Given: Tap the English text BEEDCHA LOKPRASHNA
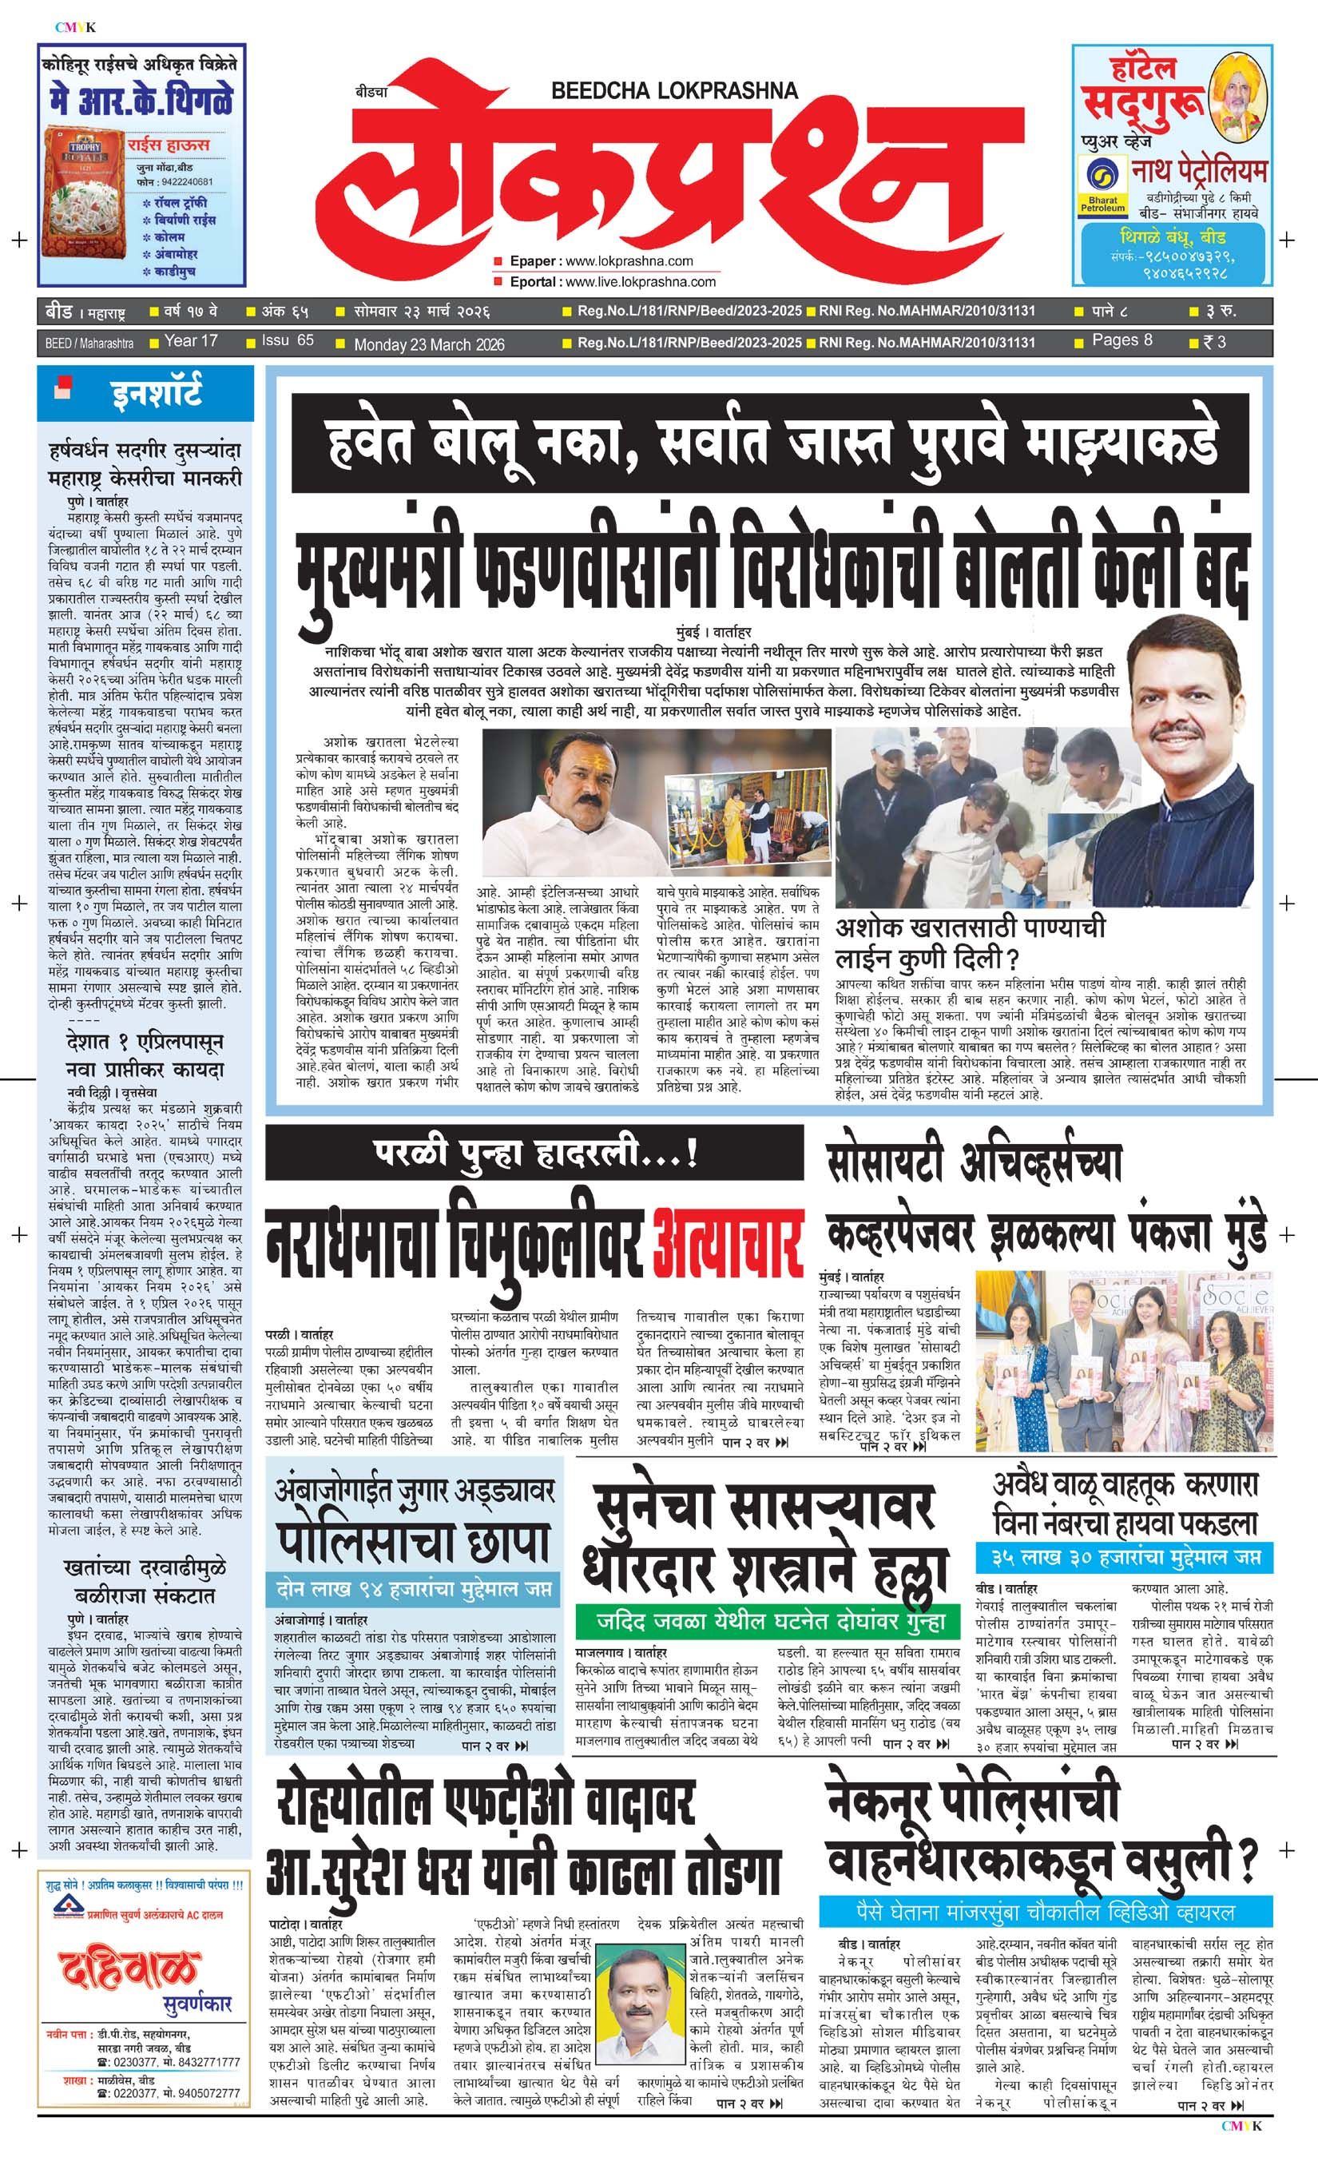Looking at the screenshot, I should pyautogui.click(x=675, y=90).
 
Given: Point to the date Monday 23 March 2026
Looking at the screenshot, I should pyautogui.click(x=429, y=345).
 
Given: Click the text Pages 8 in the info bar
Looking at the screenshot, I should pyautogui.click(x=1122, y=340).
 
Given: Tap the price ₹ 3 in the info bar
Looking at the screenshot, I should pyautogui.click(x=1215, y=342).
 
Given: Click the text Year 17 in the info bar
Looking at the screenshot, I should pyautogui.click(x=191, y=341).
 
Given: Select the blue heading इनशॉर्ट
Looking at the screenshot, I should pyautogui.click(x=157, y=393).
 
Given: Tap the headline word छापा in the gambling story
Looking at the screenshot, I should pyautogui.click(x=496, y=1545).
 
